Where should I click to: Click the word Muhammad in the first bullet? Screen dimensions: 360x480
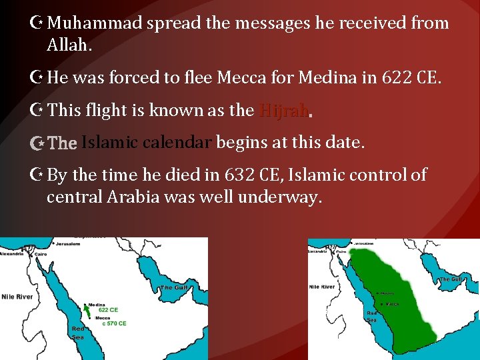95,24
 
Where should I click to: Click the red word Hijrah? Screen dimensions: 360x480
283,110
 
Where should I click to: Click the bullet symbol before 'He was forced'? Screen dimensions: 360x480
39,77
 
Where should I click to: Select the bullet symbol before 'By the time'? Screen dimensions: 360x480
39,175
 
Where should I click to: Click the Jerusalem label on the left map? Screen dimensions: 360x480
67,244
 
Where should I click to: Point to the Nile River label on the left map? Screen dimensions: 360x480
17,296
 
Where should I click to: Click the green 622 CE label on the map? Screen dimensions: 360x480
108,310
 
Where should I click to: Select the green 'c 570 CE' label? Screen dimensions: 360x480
112,323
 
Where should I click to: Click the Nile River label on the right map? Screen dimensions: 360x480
322,287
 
